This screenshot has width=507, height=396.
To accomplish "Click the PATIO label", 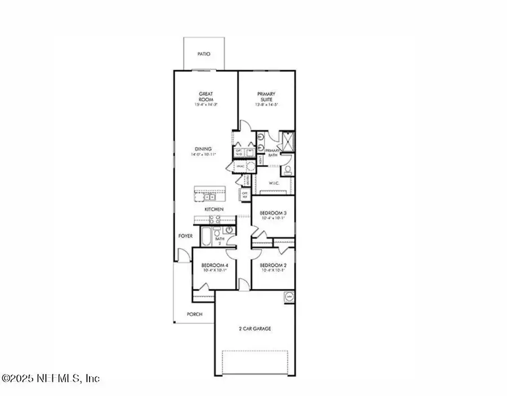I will (x=203, y=54).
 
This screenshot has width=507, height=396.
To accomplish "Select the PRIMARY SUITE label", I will (x=266, y=96).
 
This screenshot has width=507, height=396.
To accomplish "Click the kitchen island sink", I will (x=209, y=197).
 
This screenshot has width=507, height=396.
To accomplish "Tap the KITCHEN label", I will (x=214, y=209).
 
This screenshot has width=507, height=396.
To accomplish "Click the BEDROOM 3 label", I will (x=272, y=213).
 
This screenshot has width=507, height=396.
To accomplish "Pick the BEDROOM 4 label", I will (x=215, y=265).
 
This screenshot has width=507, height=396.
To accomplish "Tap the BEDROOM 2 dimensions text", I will (x=272, y=270).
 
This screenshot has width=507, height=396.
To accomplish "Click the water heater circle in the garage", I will (x=289, y=296).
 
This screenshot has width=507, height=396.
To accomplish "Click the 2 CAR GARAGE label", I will (x=255, y=328).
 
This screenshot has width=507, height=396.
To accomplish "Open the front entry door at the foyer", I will (x=181, y=257).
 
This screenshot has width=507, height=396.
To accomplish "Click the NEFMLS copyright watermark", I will (x=51, y=378).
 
